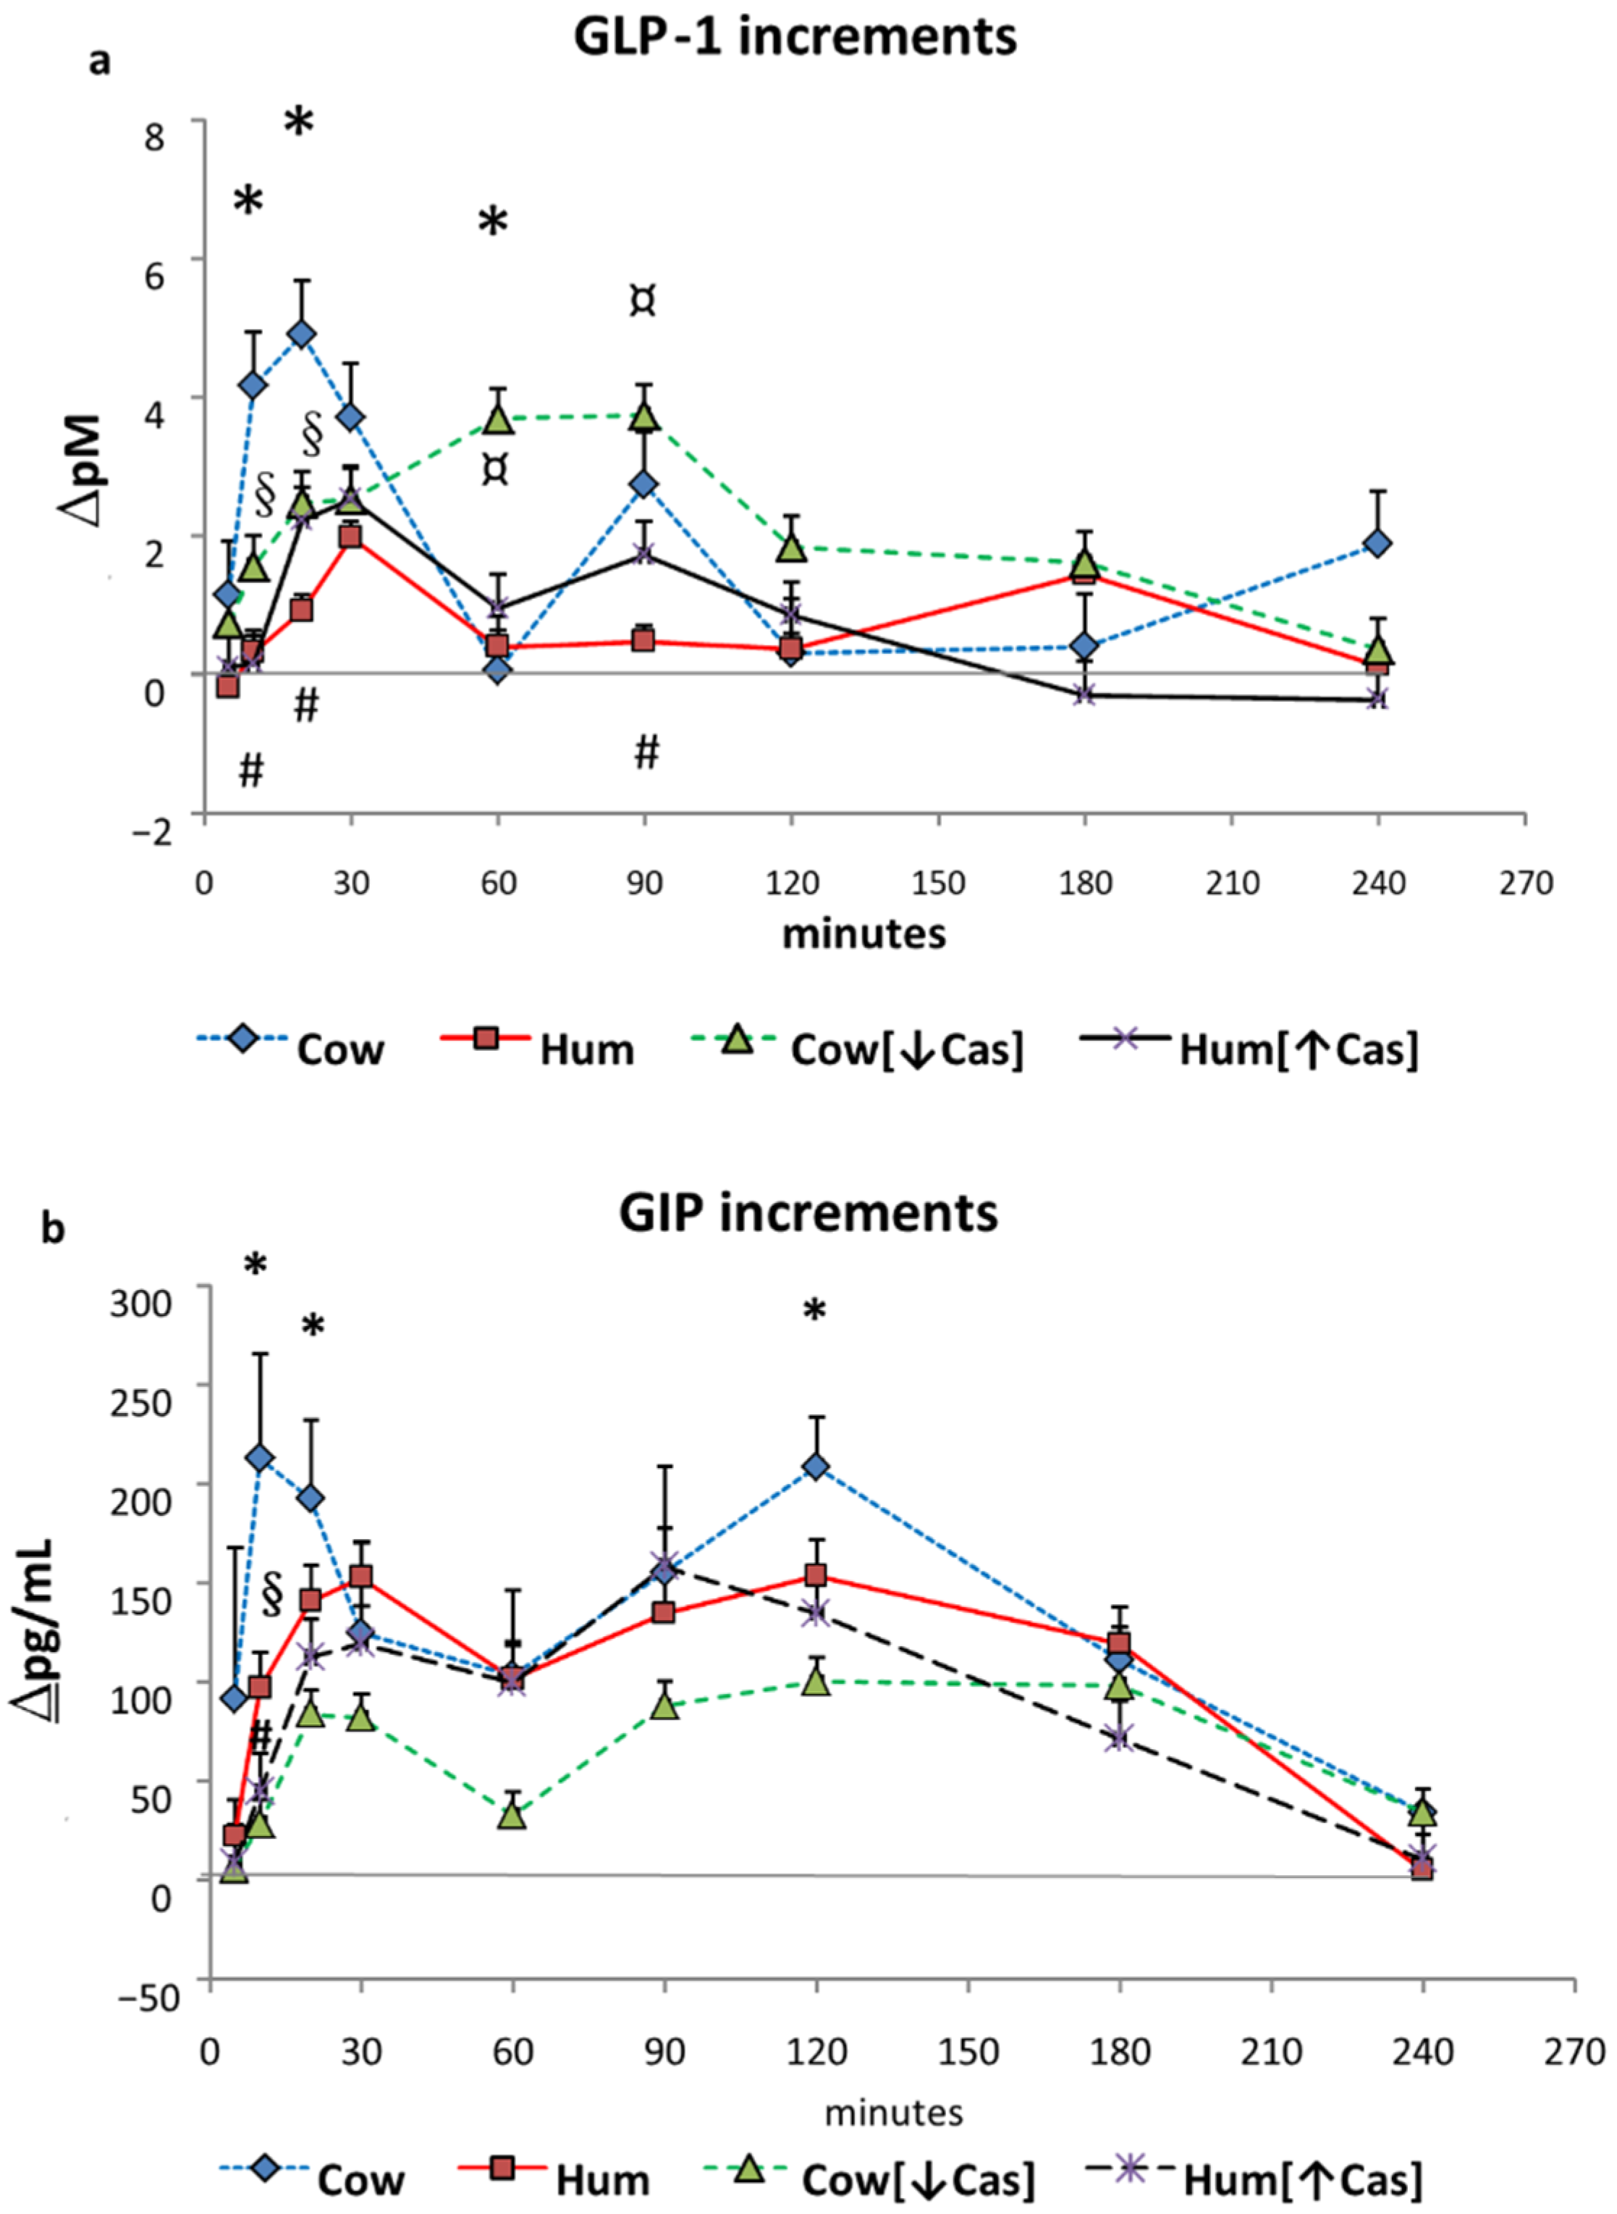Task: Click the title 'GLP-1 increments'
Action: coord(795,37)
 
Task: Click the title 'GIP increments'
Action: coord(808,1213)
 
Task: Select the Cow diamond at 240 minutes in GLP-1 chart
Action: coord(1377,543)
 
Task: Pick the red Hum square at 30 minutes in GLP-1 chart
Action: coord(350,537)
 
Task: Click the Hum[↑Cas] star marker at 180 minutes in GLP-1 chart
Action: coord(1084,695)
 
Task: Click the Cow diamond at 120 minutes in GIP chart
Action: coord(815,1466)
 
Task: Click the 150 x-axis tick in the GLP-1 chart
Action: coord(938,884)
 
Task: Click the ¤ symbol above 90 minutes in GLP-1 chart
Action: coord(642,301)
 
